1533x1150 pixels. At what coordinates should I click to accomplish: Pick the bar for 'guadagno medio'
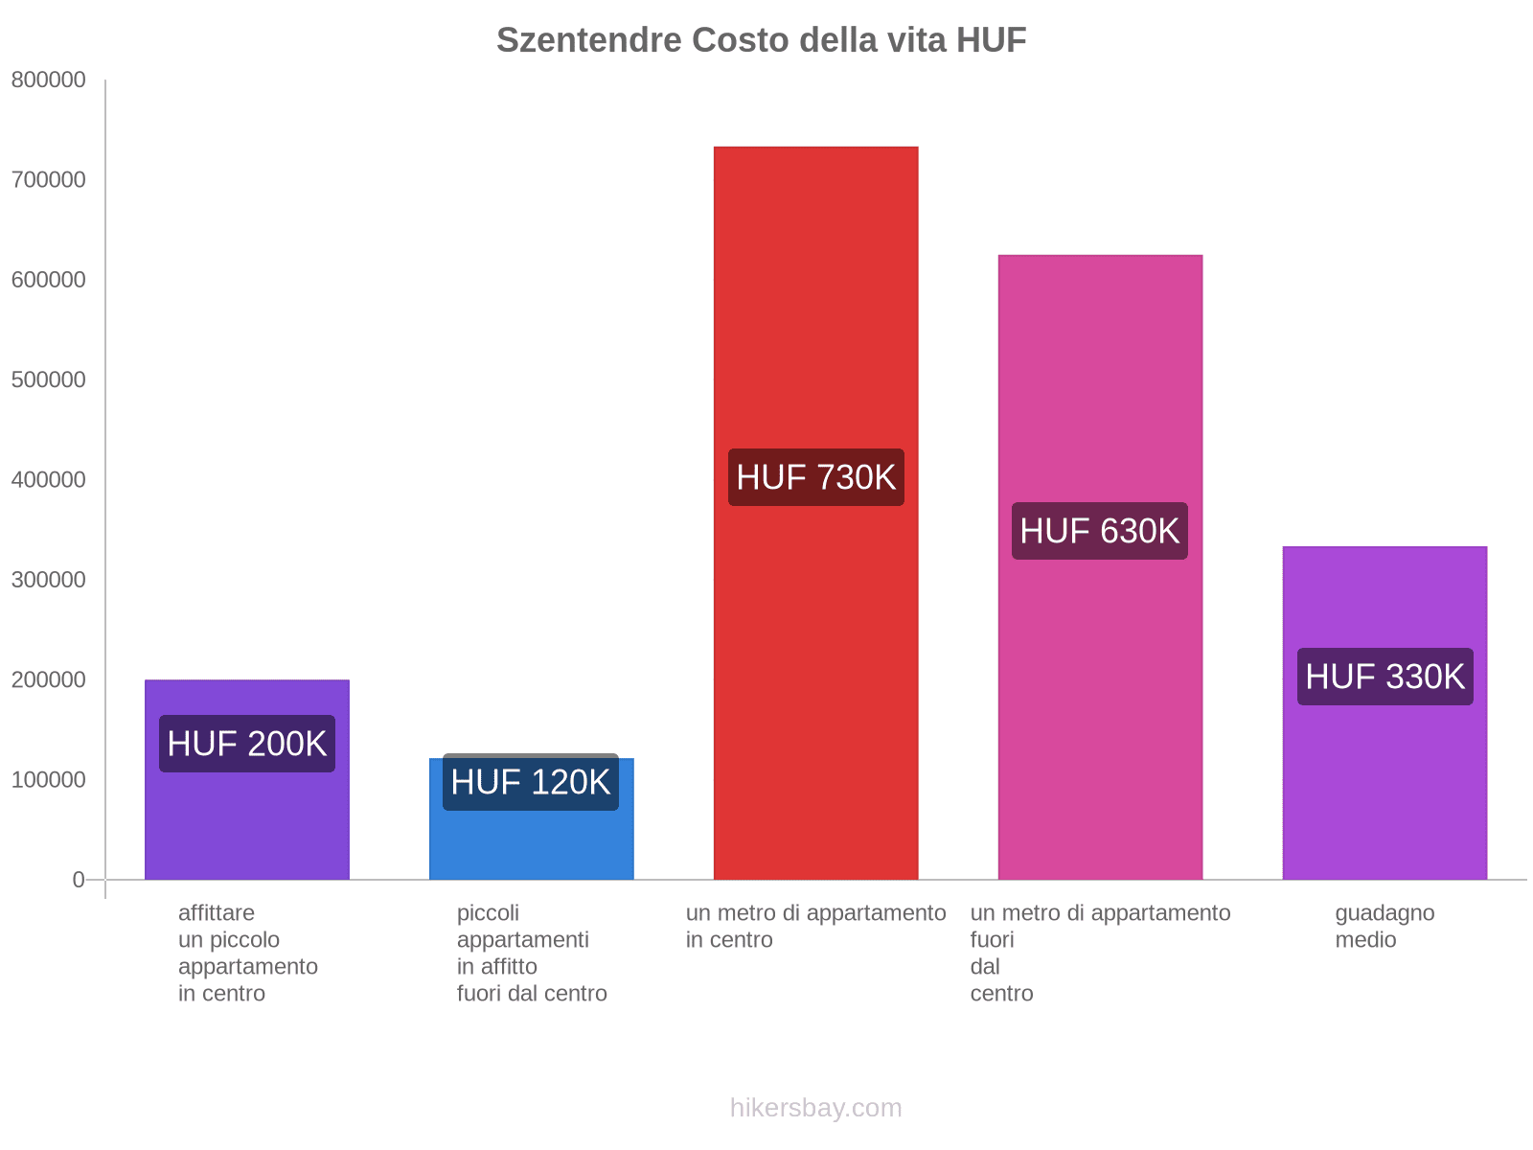point(1384,786)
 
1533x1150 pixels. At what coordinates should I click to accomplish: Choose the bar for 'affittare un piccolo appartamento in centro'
point(247,824)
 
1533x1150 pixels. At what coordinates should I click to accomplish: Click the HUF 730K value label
point(815,477)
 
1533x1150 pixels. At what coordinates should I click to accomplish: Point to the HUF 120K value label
point(531,783)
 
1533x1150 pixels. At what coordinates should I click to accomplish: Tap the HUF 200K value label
point(247,744)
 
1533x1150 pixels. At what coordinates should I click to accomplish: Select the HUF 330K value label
point(1384,677)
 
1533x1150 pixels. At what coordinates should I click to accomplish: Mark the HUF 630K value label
point(1100,531)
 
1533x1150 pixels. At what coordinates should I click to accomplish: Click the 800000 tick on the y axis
point(49,80)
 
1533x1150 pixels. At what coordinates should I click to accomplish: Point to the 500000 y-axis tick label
point(49,380)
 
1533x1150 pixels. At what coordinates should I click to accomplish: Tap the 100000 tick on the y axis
point(49,780)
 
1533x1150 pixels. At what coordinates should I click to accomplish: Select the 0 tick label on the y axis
point(79,880)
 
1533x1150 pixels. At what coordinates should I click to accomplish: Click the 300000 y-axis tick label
point(49,580)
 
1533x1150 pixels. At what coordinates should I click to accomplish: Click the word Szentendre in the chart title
point(588,40)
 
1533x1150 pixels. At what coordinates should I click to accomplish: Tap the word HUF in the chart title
point(991,40)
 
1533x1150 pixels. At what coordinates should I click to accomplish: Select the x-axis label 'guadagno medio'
point(1384,926)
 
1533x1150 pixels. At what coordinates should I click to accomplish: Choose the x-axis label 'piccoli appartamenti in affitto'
point(531,953)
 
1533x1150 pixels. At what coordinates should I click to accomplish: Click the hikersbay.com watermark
point(815,1108)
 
